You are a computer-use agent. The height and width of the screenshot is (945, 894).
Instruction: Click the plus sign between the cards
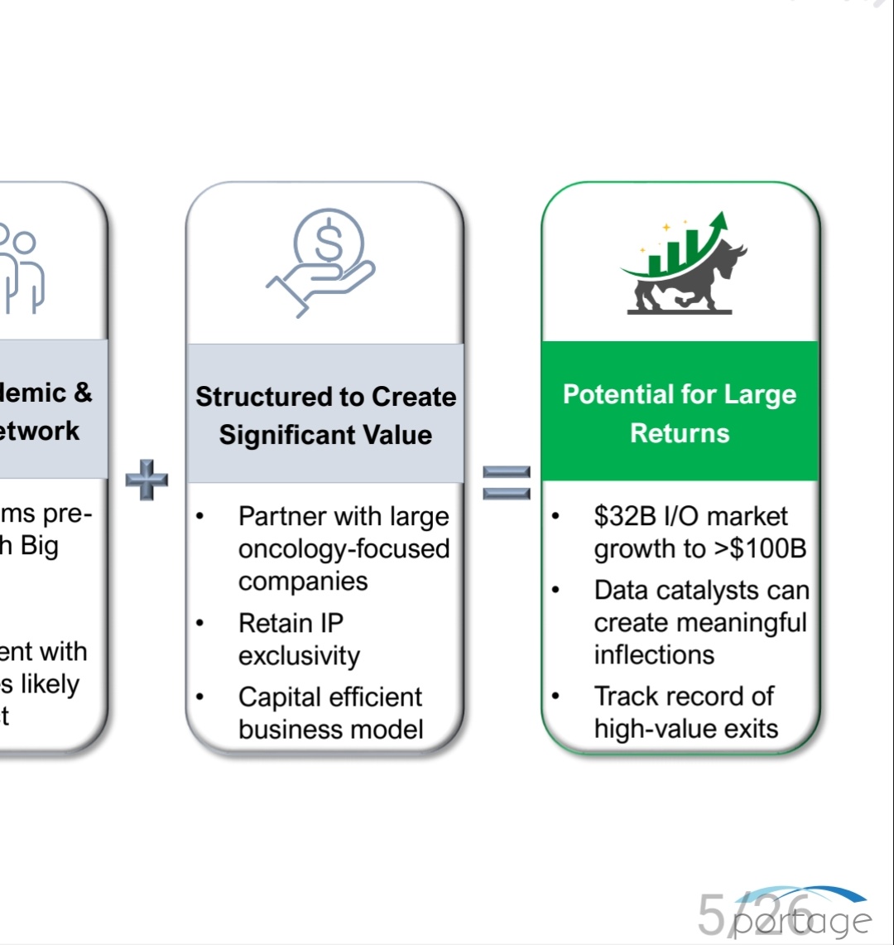[x=147, y=481]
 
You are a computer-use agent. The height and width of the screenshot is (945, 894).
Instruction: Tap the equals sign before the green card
[x=506, y=482]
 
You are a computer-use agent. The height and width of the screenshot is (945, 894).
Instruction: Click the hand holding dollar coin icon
[x=323, y=261]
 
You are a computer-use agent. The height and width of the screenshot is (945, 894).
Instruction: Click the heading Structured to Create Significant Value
[x=325, y=415]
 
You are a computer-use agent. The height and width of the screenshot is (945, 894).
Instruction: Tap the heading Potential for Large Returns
[x=680, y=413]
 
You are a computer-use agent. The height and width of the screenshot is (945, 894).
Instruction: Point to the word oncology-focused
[x=344, y=549]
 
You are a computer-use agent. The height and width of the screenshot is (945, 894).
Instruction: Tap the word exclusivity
[x=299, y=656]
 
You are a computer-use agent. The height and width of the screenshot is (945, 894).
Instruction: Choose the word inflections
[x=654, y=655]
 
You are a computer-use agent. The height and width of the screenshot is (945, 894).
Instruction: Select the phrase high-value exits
[x=686, y=729]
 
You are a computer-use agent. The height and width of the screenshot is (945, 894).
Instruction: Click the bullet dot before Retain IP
[x=200, y=624]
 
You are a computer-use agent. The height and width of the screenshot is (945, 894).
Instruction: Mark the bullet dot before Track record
[x=556, y=697]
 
